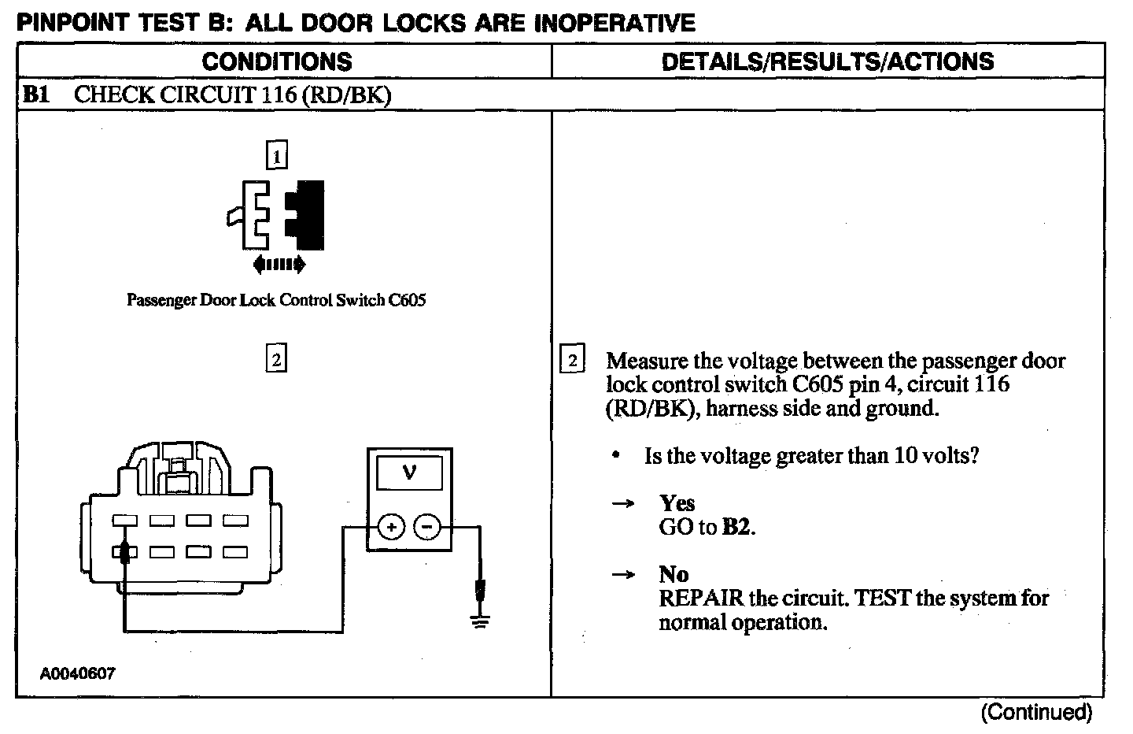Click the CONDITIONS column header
[x=277, y=61]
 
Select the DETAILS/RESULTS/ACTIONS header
[x=828, y=61]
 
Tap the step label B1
[x=36, y=95]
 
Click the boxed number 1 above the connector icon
[x=276, y=156]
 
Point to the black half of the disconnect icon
[x=307, y=214]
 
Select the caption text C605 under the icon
[x=408, y=300]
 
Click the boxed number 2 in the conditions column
[x=276, y=359]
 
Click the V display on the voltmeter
[x=409, y=473]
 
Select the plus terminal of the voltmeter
[x=391, y=527]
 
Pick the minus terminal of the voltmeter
[x=427, y=527]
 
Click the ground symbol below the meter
[x=480, y=621]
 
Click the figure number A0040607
[x=79, y=674]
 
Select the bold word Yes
[x=677, y=502]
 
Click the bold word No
[x=674, y=574]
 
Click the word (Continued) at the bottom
[x=1036, y=712]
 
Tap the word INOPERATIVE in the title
[x=614, y=23]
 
